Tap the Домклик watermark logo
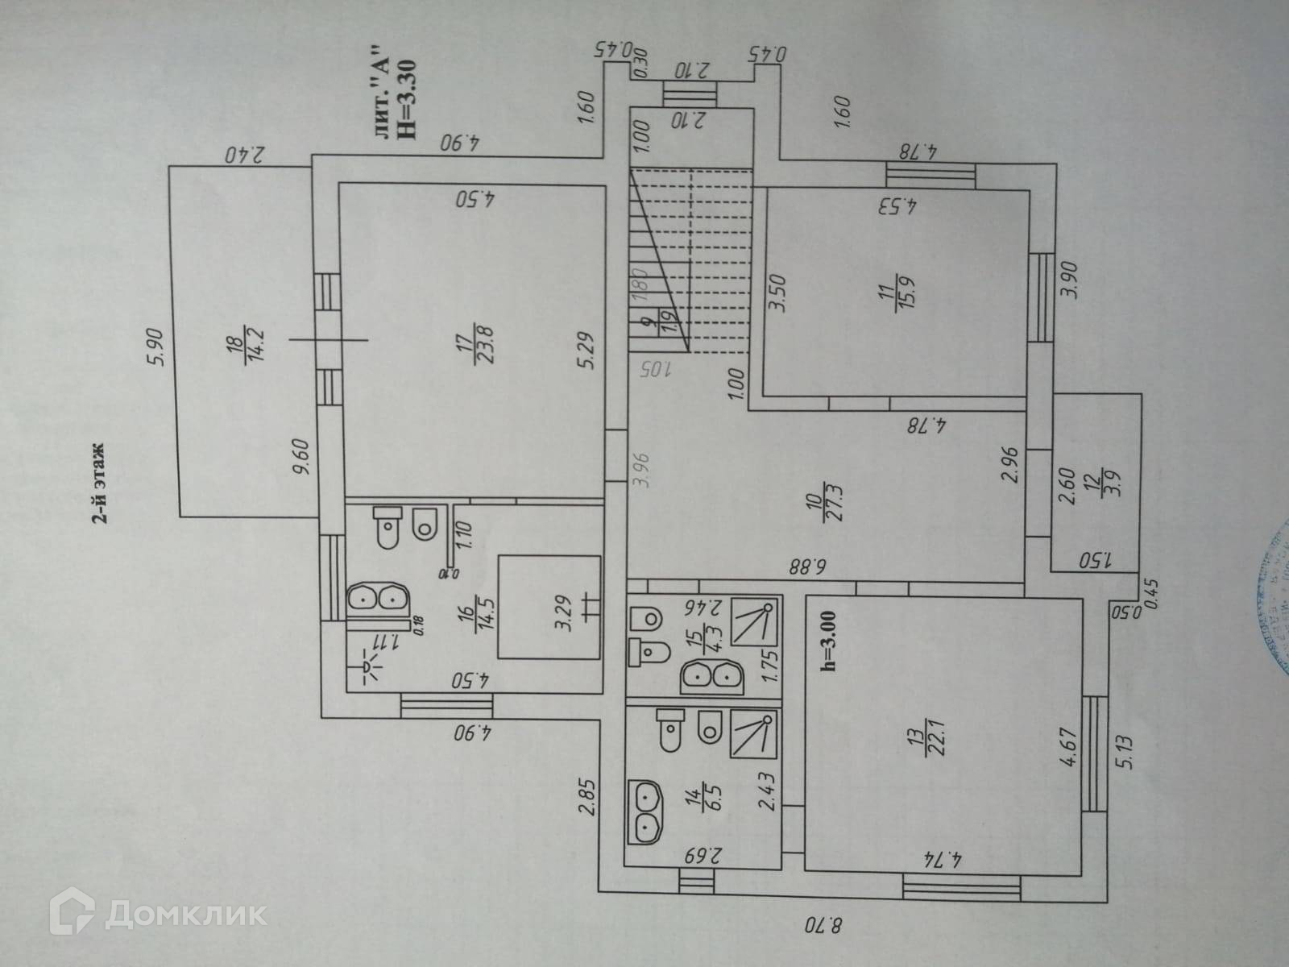tap(157, 913)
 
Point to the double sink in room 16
tap(377, 597)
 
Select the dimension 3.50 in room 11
tap(777, 293)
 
